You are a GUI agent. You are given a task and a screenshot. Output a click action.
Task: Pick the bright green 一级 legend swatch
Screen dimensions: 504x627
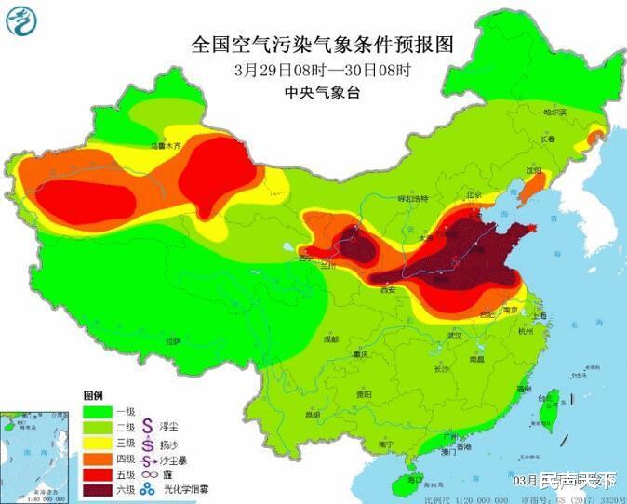[99, 411]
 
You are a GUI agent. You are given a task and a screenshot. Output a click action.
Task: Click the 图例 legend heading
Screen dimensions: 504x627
[94, 395]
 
